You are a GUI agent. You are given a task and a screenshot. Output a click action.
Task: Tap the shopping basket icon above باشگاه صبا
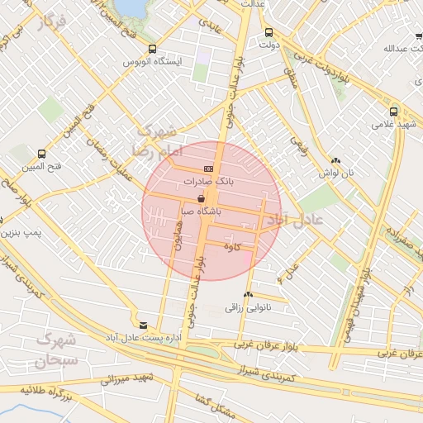(202, 199)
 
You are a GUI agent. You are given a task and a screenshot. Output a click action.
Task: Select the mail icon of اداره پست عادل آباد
(145, 326)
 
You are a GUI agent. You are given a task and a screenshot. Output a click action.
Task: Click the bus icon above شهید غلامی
(393, 112)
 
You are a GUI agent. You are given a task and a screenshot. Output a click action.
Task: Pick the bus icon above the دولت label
(269, 34)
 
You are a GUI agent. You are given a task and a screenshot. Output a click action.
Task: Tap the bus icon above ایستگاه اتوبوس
(153, 50)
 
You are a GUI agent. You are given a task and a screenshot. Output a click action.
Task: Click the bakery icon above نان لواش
(335, 161)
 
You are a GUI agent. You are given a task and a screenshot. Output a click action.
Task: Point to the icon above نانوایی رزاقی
(249, 294)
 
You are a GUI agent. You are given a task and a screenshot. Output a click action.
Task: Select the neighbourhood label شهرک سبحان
(55, 349)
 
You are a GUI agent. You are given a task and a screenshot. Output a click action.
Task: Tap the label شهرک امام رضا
(154, 140)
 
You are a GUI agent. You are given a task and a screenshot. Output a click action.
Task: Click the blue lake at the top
(129, 7)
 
